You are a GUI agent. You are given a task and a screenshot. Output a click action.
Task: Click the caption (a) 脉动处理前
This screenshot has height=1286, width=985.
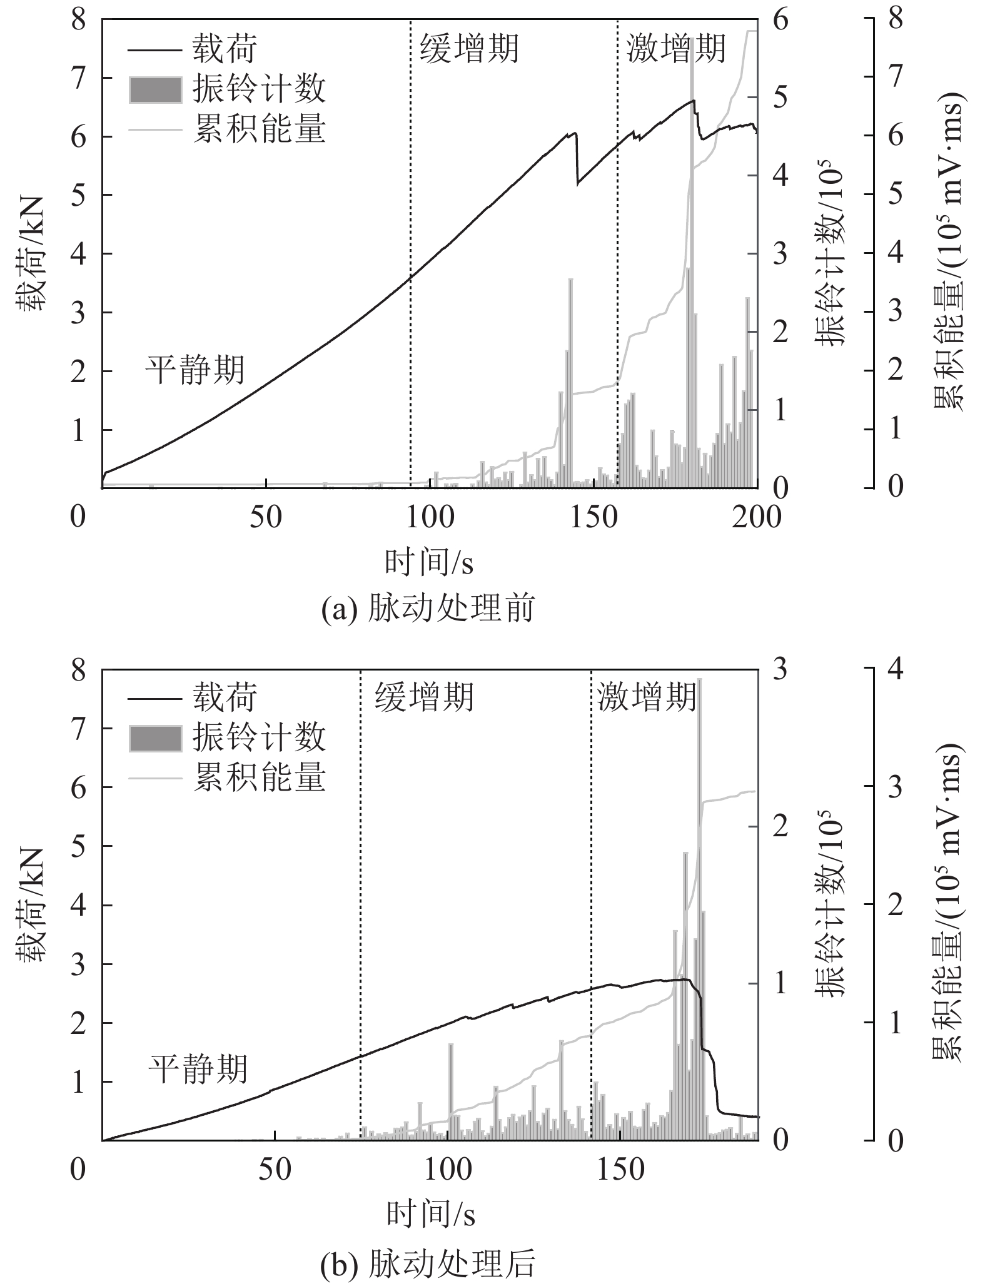coord(428,609)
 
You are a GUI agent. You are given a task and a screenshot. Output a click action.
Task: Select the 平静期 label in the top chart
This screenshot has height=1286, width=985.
coord(195,370)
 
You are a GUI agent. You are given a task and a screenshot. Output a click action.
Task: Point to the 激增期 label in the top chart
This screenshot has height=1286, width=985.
coord(676,48)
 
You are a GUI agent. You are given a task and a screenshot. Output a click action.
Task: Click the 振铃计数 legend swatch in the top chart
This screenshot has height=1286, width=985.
coord(155,89)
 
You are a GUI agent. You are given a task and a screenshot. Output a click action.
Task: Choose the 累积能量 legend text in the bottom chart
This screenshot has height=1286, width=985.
coord(260,777)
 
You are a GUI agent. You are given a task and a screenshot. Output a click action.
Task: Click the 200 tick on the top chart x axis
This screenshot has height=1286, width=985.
coord(757,518)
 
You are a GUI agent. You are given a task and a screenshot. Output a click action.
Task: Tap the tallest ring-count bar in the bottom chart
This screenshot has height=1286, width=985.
coord(699,907)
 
